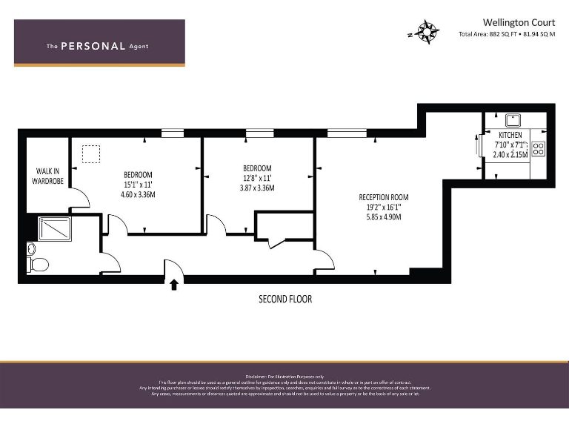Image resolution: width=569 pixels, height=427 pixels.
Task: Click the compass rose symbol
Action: (x=427, y=32)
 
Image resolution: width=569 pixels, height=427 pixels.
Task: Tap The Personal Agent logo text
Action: (x=98, y=46)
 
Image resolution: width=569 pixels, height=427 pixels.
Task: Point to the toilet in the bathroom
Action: (x=38, y=265)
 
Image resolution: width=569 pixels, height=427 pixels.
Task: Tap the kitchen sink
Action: (x=512, y=119)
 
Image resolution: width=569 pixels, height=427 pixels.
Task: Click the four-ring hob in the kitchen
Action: (x=539, y=148)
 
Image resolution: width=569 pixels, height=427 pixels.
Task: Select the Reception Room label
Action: (x=383, y=197)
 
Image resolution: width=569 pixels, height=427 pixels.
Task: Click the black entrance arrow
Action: (x=174, y=284)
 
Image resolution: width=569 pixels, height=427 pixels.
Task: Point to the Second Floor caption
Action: (x=285, y=299)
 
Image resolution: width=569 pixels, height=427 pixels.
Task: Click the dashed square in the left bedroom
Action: (x=90, y=153)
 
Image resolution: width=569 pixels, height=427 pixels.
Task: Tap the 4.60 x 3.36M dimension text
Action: (x=138, y=195)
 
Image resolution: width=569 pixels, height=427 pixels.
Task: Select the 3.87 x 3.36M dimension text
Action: (x=257, y=188)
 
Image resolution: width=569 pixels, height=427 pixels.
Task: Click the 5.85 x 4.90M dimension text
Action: (x=383, y=217)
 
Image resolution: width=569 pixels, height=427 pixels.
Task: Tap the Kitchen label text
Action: (x=510, y=135)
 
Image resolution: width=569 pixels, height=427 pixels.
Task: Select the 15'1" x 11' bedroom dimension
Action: (x=138, y=185)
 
